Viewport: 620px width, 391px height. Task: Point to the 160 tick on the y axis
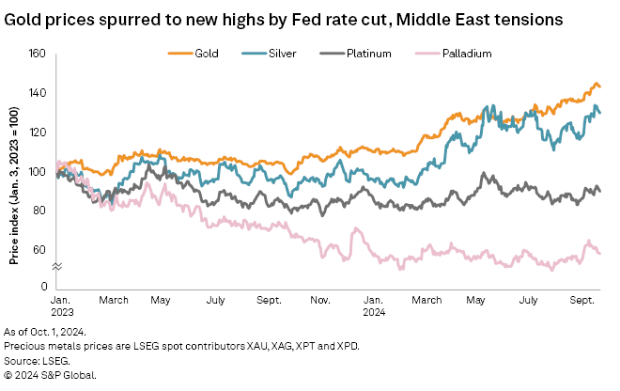pos(38,54)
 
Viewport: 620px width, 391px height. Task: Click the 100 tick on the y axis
pos(38,171)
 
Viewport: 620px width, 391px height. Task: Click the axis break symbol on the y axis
pos(55,268)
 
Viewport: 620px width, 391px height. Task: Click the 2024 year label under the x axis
pos(373,312)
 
